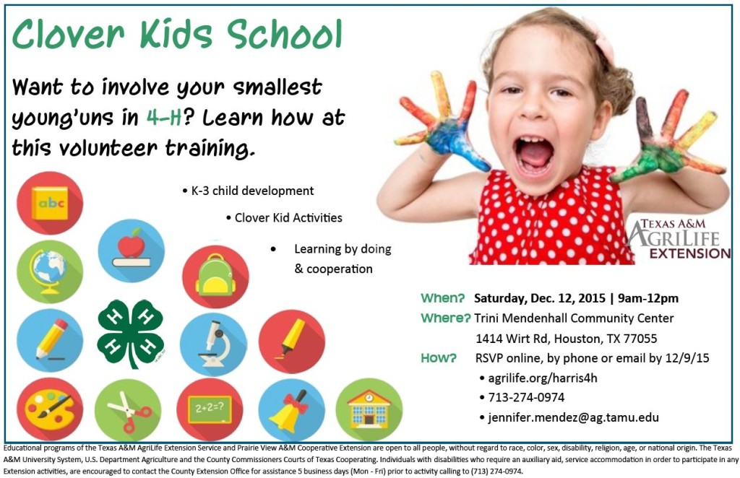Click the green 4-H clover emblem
click(131, 334)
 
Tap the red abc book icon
click(50, 203)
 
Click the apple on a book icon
click(131, 251)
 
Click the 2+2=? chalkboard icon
click(210, 409)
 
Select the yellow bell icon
click(291, 409)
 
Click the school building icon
click(369, 409)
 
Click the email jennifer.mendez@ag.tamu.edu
click(573, 417)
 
